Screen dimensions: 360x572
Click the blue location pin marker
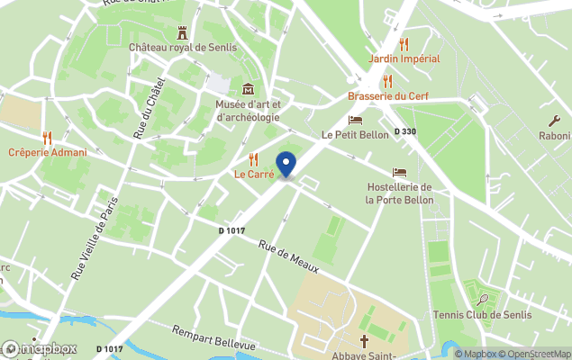(286, 165)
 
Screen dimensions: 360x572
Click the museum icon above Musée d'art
(248, 89)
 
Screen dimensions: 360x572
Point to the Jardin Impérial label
(404, 58)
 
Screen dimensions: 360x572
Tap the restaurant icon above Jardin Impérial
(404, 43)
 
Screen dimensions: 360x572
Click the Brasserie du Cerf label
(388, 96)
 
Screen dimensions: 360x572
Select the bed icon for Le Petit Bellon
(356, 120)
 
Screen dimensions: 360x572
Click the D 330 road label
(405, 131)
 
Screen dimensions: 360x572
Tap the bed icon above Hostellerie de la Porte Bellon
(399, 172)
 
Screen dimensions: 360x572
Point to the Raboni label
(555, 136)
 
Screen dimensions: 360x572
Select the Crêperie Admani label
(48, 152)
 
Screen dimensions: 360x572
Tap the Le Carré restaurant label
(254, 174)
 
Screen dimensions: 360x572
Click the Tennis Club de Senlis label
(482, 314)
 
